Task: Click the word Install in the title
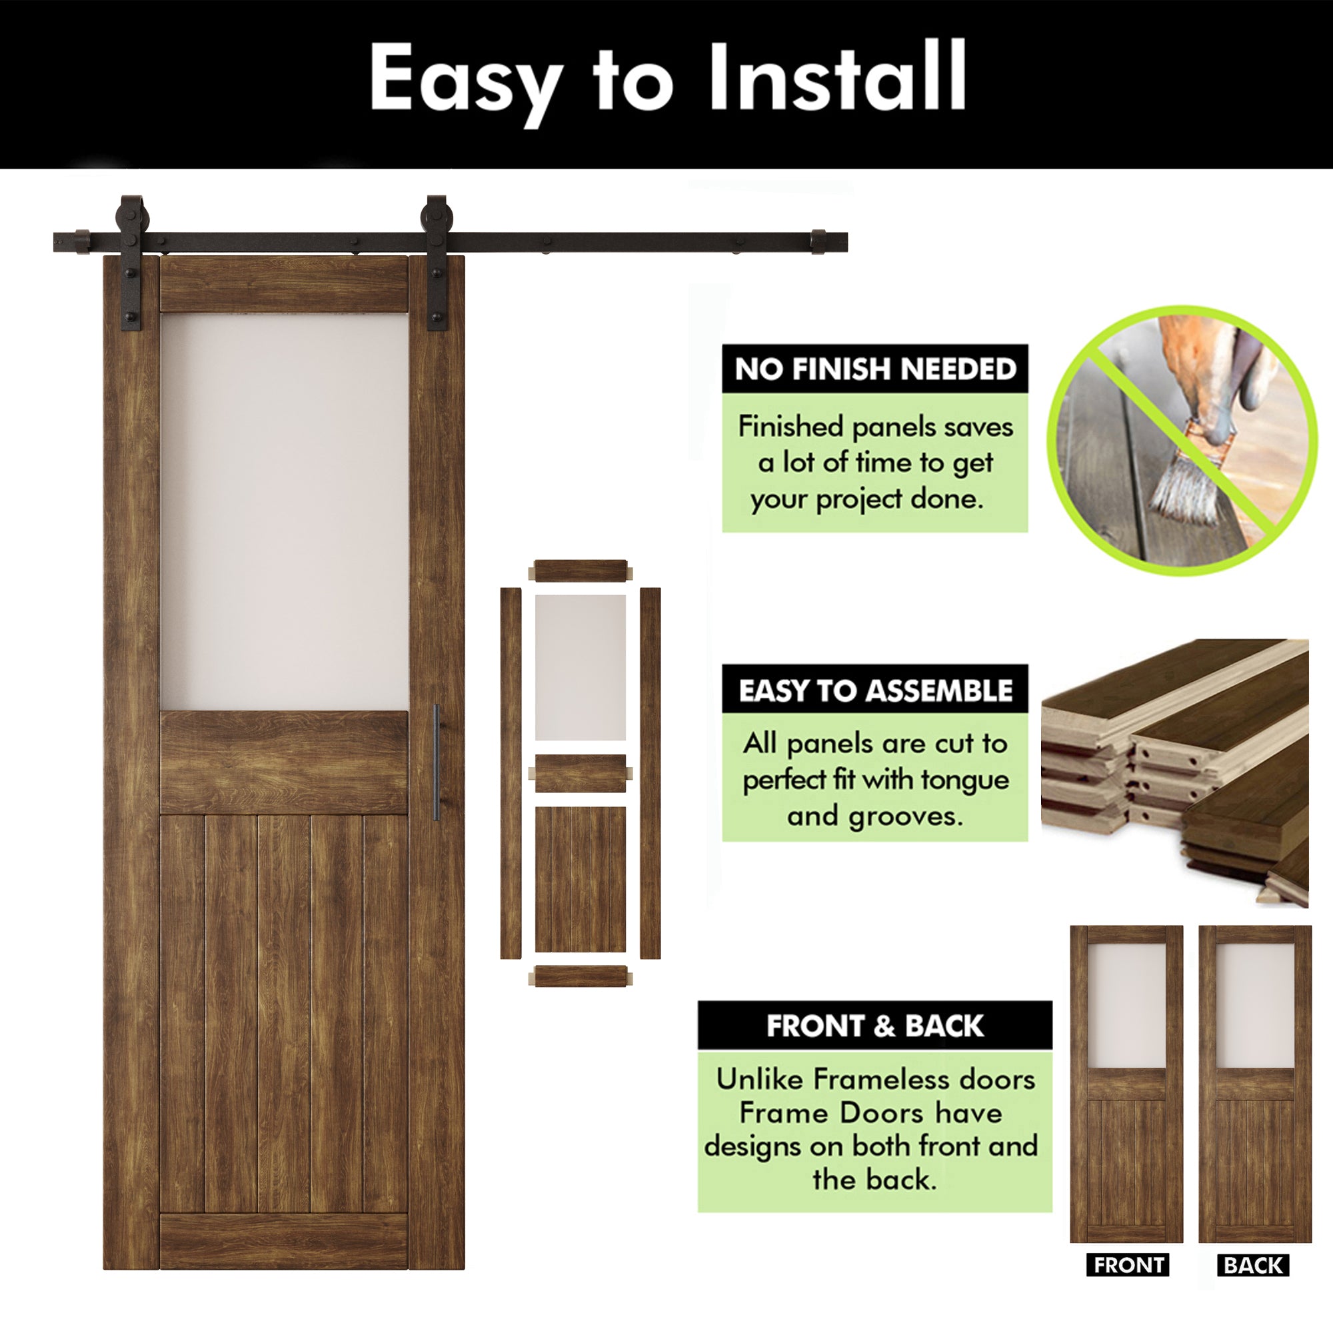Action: pos(836,76)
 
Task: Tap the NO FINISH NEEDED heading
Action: pos(875,369)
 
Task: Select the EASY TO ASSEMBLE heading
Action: pos(875,690)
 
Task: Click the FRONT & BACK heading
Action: pos(875,1026)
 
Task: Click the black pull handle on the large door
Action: pos(437,762)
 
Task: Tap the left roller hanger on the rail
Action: pos(131,262)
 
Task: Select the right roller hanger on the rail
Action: pos(437,262)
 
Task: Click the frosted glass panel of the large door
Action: pos(285,511)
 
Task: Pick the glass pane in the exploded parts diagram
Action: pos(581,667)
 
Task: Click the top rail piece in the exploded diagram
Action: pos(581,571)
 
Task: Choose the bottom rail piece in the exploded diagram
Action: pos(581,976)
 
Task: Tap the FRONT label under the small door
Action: pos(1128,1266)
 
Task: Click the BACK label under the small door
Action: pos(1253,1266)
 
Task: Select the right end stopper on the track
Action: pos(818,241)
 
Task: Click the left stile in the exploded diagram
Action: pos(511,772)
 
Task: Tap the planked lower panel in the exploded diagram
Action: pos(581,879)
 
